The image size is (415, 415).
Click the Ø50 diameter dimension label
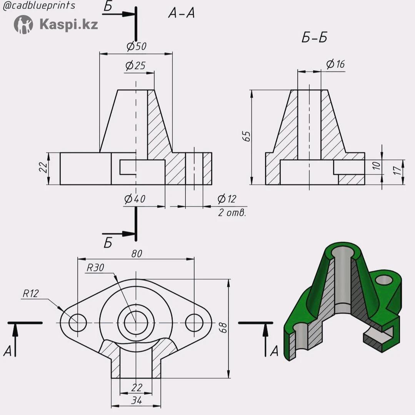[x=136, y=46]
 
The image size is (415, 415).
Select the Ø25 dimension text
[x=135, y=65]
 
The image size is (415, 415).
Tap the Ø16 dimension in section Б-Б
[x=335, y=64]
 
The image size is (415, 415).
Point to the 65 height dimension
[x=247, y=136]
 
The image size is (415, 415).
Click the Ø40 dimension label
[x=135, y=198]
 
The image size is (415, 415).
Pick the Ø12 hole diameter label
[x=227, y=199]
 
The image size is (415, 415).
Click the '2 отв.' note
[x=232, y=213]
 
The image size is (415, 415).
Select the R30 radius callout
[x=95, y=268]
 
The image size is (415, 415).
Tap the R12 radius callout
[x=31, y=293]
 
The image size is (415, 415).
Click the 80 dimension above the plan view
[x=137, y=253]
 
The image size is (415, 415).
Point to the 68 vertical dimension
[x=223, y=328]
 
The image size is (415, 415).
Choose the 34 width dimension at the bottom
[x=137, y=400]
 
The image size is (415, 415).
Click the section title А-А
[x=181, y=13]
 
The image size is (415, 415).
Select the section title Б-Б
[x=314, y=37]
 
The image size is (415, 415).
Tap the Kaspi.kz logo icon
[x=23, y=24]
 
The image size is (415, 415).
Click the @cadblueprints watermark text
[x=39, y=5]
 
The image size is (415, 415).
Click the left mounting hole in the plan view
[x=78, y=323]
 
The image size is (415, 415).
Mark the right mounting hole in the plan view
[x=194, y=323]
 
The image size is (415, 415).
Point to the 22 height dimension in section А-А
[x=43, y=167]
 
